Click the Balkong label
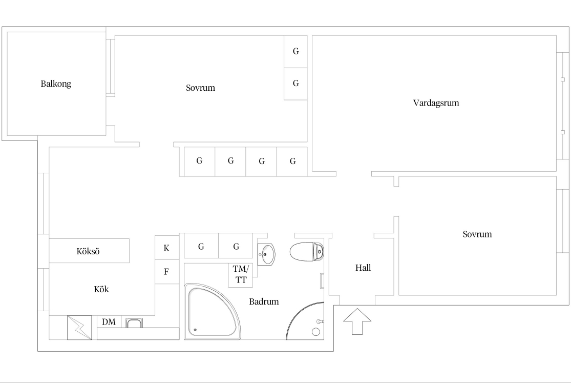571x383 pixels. [56, 84]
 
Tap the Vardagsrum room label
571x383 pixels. [436, 103]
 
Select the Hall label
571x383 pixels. [363, 268]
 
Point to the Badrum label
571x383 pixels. [264, 301]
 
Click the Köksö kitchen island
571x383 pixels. [89, 251]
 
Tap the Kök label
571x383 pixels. [101, 289]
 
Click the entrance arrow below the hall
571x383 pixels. [357, 321]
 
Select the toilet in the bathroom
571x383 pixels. [307, 251]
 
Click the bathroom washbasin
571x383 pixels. [266, 254]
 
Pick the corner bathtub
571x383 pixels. [213, 311]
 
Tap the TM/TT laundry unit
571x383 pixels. [240, 275]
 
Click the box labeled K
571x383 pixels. [167, 248]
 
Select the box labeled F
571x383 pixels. [167, 272]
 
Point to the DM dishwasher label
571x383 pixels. [109, 321]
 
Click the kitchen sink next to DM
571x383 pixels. [134, 323]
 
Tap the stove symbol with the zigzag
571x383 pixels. [79, 328]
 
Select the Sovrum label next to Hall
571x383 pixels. [477, 234]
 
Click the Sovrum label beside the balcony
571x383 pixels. [200, 88]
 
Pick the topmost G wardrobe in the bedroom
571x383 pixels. [295, 51]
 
